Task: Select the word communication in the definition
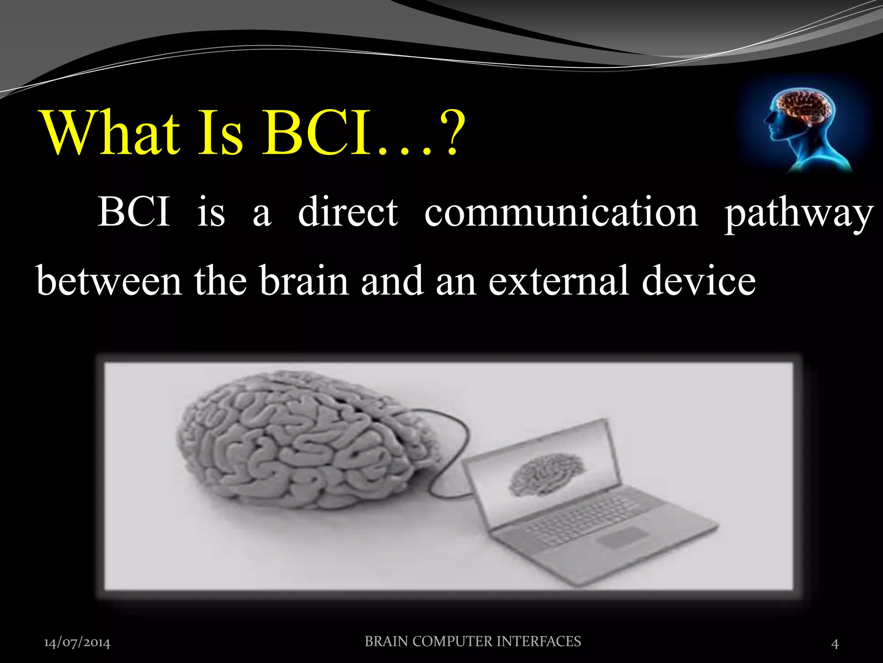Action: pyautogui.click(x=561, y=212)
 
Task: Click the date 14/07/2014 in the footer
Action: pyautogui.click(x=77, y=643)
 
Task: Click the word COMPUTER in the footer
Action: pyautogui.click(x=452, y=641)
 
